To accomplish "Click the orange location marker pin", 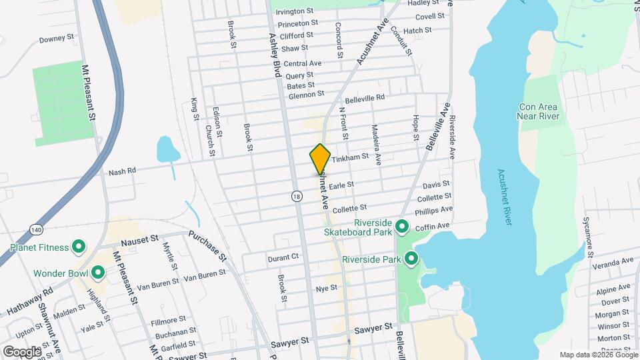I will coord(320,159).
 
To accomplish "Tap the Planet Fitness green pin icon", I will coord(78,247).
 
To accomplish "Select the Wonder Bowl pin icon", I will coord(98,272).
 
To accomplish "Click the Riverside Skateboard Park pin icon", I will coord(402,227).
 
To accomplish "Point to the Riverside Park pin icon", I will coord(411,258).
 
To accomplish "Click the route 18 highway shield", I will coord(296,195).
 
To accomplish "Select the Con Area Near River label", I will coord(540,111).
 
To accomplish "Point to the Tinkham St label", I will coord(351,157).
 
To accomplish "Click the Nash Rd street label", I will coord(122,171).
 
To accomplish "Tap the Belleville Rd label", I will coord(365,97).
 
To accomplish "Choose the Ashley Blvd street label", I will coord(274,56).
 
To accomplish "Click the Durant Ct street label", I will coord(283,257).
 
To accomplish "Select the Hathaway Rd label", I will coord(29,301).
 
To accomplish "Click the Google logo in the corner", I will coord(22,351).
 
